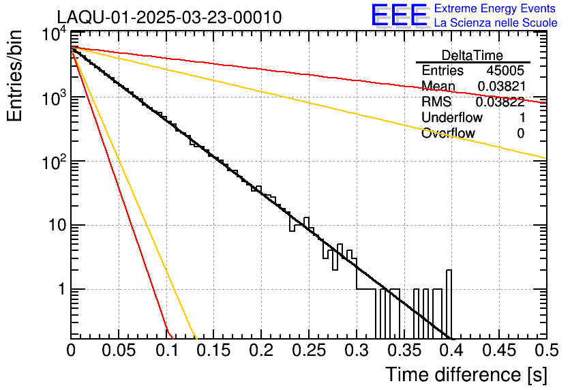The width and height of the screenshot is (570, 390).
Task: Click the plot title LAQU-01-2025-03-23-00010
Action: pyautogui.click(x=169, y=18)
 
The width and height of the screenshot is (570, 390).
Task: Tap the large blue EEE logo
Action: pyautogui.click(x=399, y=15)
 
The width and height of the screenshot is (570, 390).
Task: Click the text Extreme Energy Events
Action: pyautogui.click(x=496, y=9)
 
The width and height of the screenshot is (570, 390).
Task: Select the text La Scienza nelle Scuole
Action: pyautogui.click(x=496, y=22)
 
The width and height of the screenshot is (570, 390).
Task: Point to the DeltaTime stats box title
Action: pyautogui.click(x=472, y=55)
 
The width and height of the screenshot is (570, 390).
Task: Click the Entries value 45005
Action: pyautogui.click(x=505, y=71)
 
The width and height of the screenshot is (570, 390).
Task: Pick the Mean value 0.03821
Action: pyautogui.click(x=501, y=86)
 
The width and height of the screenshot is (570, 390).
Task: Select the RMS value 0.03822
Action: pyautogui.click(x=500, y=102)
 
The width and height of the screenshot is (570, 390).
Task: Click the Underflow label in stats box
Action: pyautogui.click(x=452, y=117)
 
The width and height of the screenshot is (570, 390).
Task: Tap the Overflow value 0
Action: pyautogui.click(x=520, y=133)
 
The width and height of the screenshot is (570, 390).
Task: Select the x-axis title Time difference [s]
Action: pyautogui.click(x=466, y=375)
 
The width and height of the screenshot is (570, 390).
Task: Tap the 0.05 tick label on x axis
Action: pyautogui.click(x=119, y=350)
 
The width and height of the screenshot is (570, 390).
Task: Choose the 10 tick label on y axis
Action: pyautogui.click(x=53, y=226)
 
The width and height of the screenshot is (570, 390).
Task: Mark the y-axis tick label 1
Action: pyautogui.click(x=59, y=289)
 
